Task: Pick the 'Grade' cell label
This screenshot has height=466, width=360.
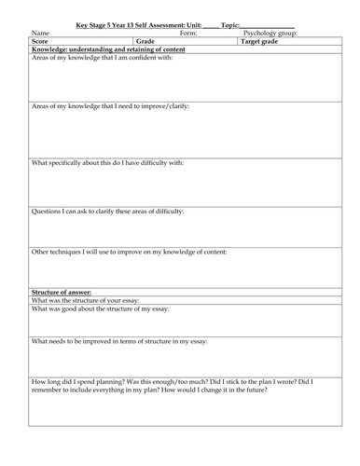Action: pyautogui.click(x=145, y=42)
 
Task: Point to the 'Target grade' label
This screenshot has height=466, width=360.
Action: pyautogui.click(x=260, y=42)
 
